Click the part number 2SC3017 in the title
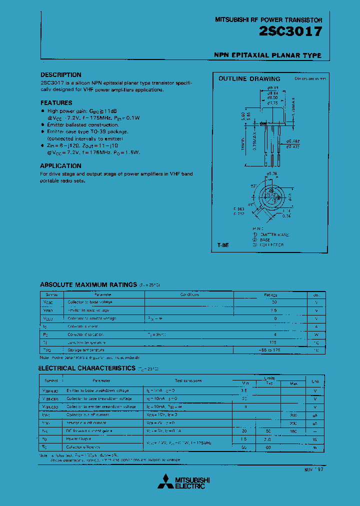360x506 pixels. click(290, 31)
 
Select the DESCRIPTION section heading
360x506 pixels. click(60, 75)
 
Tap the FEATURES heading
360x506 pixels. click(56, 102)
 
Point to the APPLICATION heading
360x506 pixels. click(60, 166)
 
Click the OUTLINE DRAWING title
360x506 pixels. click(249, 79)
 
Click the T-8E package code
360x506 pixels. click(223, 245)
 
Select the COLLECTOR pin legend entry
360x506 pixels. click(271, 245)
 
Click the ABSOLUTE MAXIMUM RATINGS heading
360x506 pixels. click(88, 284)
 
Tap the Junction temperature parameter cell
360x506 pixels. click(87, 342)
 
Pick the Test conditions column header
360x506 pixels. click(188, 381)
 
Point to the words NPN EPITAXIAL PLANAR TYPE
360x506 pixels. click(267, 55)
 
